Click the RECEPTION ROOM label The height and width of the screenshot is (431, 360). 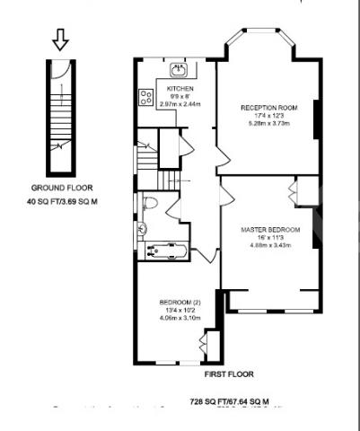(x=268, y=108)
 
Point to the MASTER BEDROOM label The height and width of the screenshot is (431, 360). (x=269, y=230)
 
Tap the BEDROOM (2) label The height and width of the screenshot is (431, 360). (x=180, y=300)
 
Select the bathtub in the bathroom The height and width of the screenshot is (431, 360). (x=164, y=251)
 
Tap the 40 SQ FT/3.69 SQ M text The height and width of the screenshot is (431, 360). (x=61, y=202)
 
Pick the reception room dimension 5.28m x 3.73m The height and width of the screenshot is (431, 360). (x=269, y=124)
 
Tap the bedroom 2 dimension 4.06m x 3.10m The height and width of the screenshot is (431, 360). (x=180, y=317)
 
